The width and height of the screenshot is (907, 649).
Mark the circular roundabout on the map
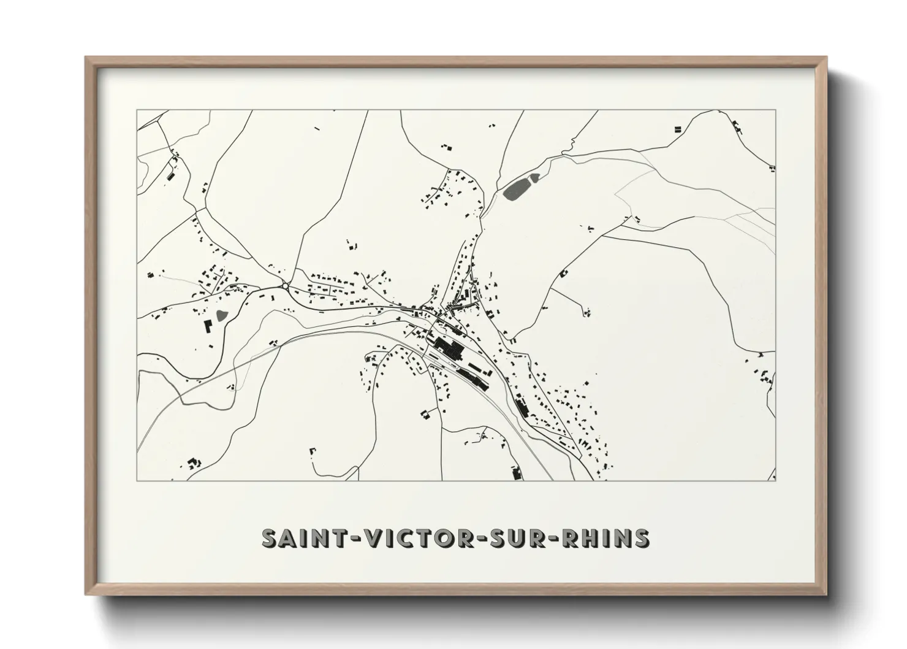tap(285, 286)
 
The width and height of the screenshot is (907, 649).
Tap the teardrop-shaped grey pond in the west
tap(221, 317)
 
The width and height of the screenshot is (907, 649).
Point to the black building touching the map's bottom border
tap(516, 474)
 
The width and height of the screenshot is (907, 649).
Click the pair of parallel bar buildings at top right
tap(678, 129)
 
